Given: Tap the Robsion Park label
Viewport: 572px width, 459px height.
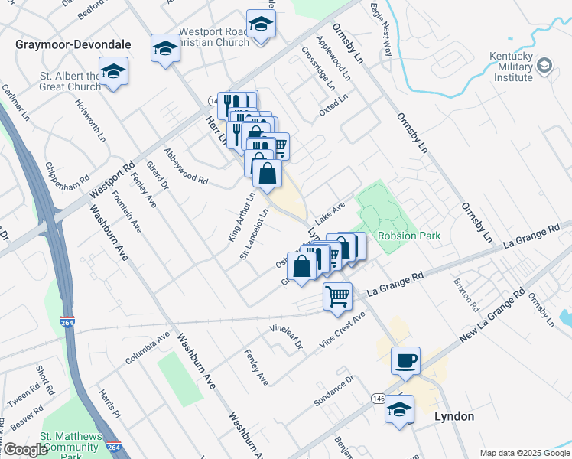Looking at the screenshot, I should click(x=408, y=236).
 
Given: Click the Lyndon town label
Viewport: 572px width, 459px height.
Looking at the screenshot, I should click(x=454, y=417).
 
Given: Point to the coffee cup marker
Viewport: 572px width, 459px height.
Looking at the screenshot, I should click(x=405, y=360).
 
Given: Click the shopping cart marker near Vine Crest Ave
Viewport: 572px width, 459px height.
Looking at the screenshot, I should click(x=337, y=296).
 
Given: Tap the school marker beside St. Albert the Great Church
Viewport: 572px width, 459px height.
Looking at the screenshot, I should click(x=114, y=72).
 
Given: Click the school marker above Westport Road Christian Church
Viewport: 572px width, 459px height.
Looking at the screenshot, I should click(x=261, y=24).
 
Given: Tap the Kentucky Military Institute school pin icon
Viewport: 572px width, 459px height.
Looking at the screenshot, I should click(x=544, y=64).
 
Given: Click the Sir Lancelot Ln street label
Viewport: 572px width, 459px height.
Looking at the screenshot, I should click(x=255, y=233).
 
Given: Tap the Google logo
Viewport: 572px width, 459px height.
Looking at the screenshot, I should click(x=25, y=450).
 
